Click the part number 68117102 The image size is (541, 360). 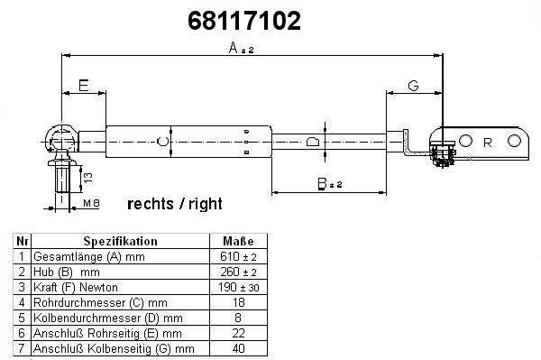pos(244,21)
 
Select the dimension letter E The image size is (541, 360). pos(84,85)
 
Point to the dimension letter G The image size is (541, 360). pos(413,85)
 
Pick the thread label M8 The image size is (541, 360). pos(91,203)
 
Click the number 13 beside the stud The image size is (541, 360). pos(88,178)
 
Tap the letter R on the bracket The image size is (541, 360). pos(488,143)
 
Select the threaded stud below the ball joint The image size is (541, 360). pos(62,178)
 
